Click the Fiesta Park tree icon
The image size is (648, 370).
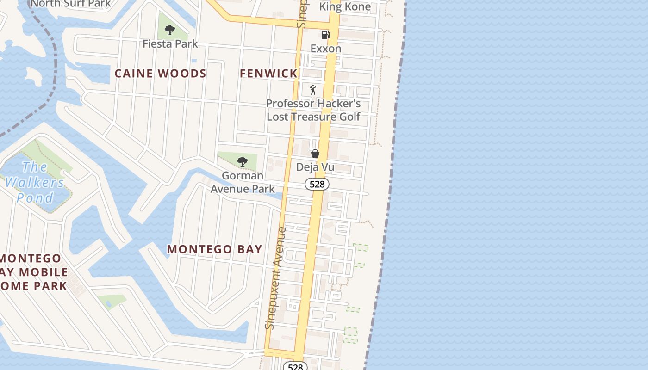tap(170, 31)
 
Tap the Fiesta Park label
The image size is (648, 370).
tap(170, 44)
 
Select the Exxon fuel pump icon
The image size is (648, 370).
tap(325, 35)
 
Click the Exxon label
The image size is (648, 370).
tap(326, 49)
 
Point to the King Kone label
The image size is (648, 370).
tap(345, 7)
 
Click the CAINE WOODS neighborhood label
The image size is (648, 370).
tap(160, 74)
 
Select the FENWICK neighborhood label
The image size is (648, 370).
tap(268, 74)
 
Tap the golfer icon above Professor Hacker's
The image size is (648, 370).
tap(313, 90)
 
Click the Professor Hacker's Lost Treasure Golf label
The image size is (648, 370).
tap(313, 110)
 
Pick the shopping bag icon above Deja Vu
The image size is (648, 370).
tap(315, 154)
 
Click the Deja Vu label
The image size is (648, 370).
tap(315, 167)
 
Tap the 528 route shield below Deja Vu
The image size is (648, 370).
tap(317, 184)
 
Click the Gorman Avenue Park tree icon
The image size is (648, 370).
tap(242, 162)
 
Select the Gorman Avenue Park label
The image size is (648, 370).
tap(243, 182)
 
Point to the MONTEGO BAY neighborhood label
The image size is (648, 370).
tap(214, 249)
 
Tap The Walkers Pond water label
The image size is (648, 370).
tap(35, 182)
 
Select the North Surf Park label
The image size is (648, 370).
tap(70, 4)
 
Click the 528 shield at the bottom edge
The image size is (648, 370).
tap(295, 366)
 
